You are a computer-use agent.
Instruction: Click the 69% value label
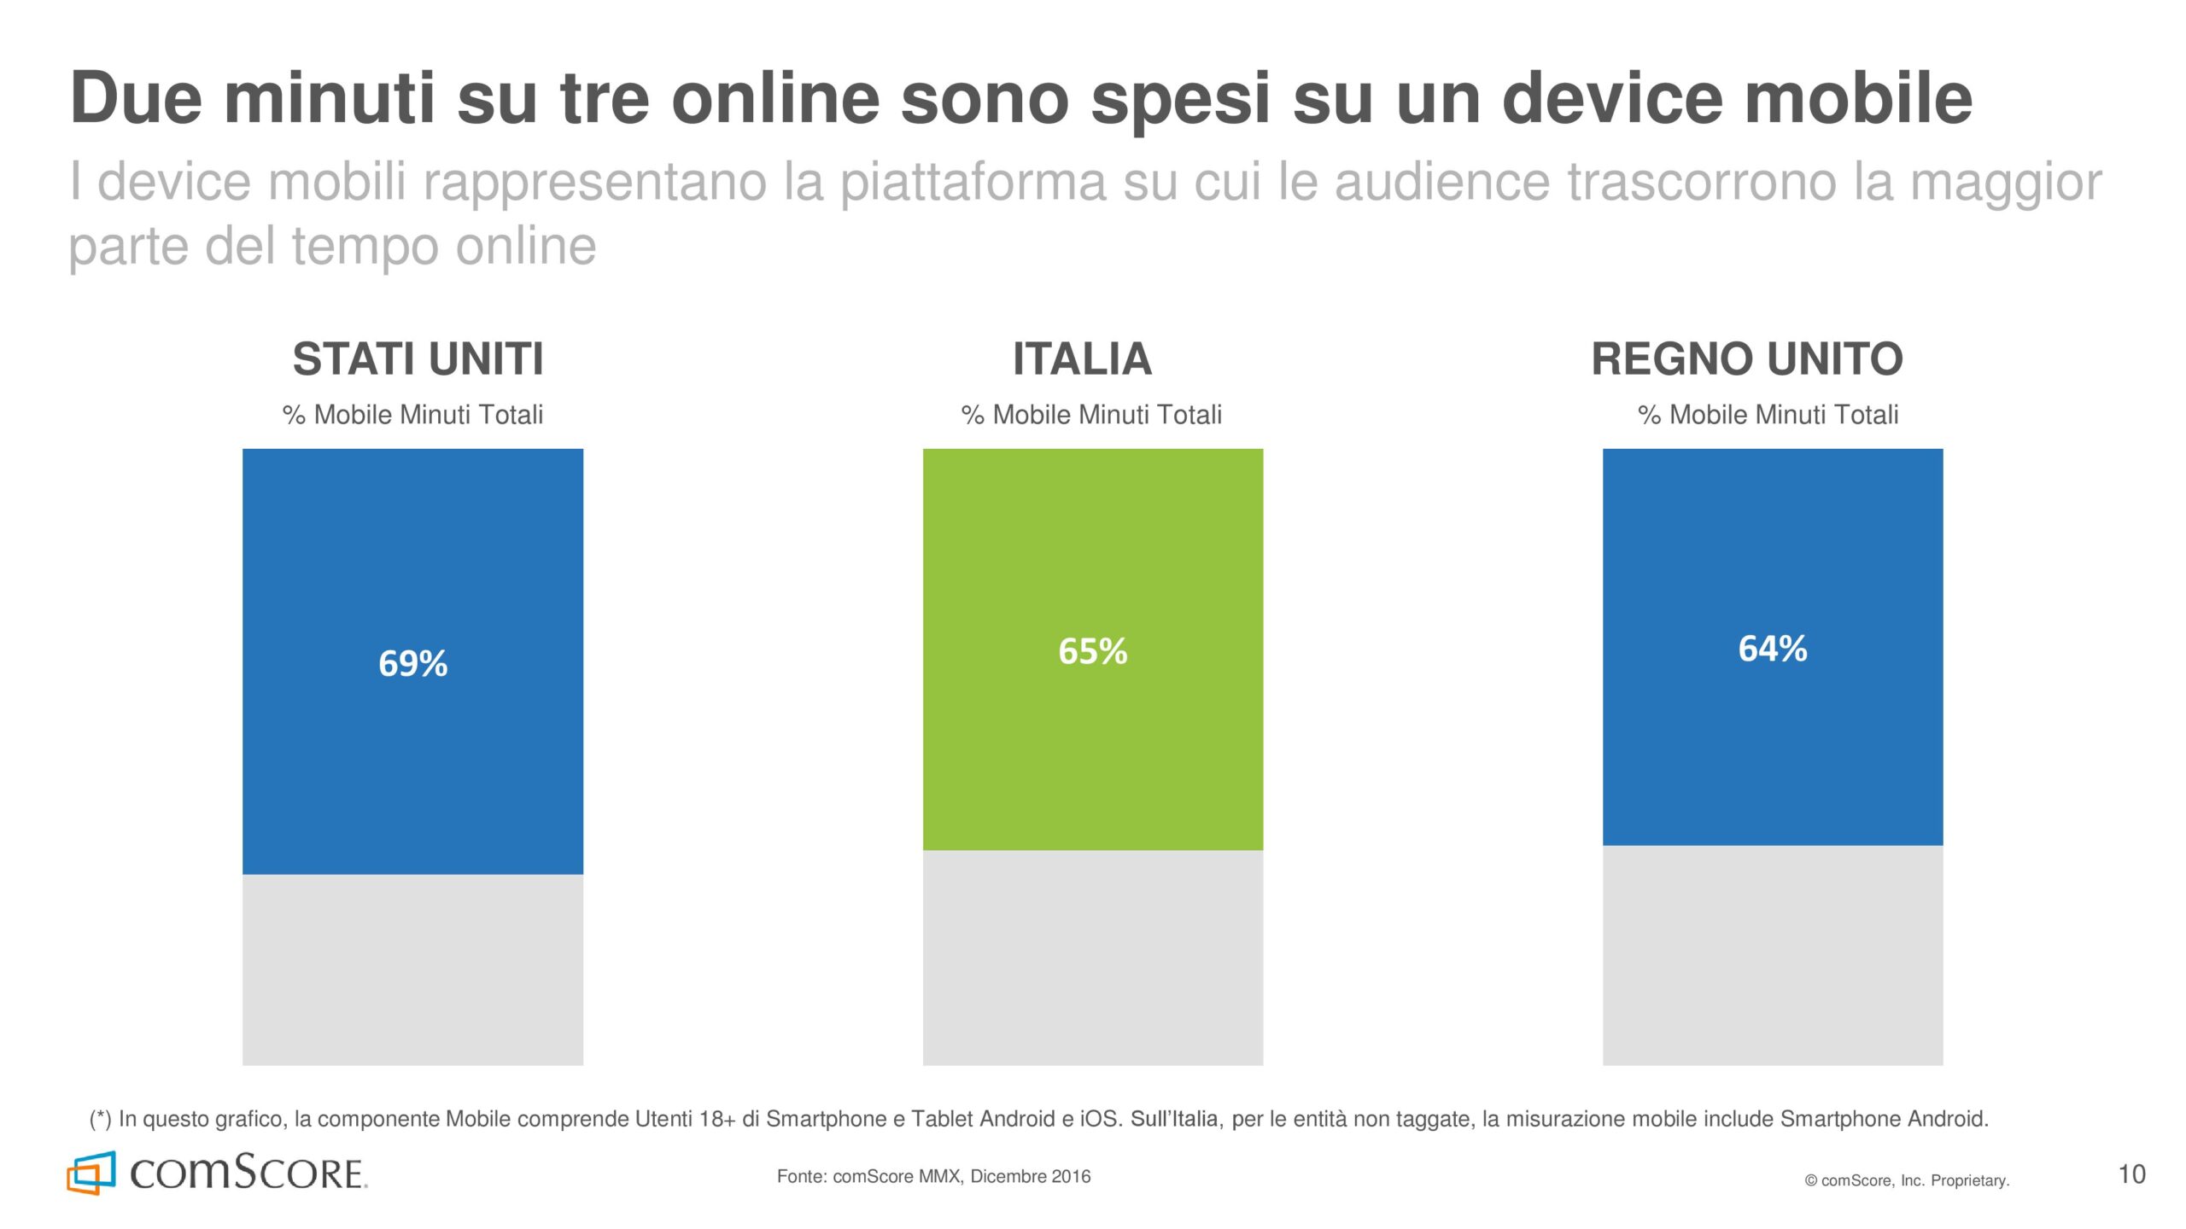pyautogui.click(x=412, y=663)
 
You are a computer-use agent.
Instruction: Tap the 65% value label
pyautogui.click(x=1092, y=651)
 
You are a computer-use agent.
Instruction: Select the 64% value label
pyautogui.click(x=1773, y=649)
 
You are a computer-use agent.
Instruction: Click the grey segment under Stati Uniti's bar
pyautogui.click(x=412, y=970)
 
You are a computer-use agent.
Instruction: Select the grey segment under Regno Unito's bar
pyautogui.click(x=1773, y=956)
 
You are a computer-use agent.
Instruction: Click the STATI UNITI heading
pyautogui.click(x=418, y=358)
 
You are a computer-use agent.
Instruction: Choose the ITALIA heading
pyautogui.click(x=1082, y=358)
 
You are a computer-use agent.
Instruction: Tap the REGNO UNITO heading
pyautogui.click(x=1747, y=358)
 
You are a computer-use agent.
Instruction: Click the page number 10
pyautogui.click(x=2131, y=1174)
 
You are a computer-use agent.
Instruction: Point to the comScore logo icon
pyautogui.click(x=91, y=1173)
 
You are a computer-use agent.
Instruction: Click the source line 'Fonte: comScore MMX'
pyautogui.click(x=933, y=1176)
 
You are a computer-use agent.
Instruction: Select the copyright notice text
pyautogui.click(x=1907, y=1180)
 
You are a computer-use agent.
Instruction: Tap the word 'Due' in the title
pyautogui.click(x=137, y=98)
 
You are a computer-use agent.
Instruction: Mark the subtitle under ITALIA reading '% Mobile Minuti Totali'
pyautogui.click(x=1091, y=415)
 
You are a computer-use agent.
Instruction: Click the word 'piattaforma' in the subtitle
pyautogui.click(x=973, y=182)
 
